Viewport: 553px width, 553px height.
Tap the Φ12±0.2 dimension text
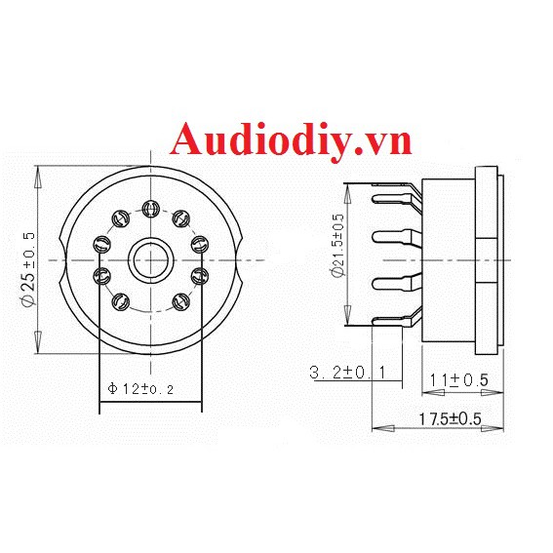coord(141,388)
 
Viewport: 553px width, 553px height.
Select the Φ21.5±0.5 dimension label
coord(336,246)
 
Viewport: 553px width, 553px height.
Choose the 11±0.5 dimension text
coord(461,378)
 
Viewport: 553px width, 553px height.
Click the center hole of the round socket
coord(150,259)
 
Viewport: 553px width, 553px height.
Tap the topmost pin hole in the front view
coord(150,208)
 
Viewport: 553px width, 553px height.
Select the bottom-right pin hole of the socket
coord(179,300)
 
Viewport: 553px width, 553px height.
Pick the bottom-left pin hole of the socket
coord(121,300)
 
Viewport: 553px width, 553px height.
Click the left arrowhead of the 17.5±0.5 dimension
coord(375,427)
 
